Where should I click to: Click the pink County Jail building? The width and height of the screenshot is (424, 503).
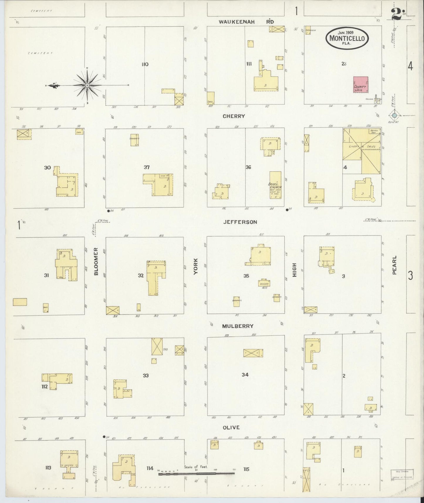(x=361, y=84)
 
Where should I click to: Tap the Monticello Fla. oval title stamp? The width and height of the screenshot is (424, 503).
(x=347, y=38)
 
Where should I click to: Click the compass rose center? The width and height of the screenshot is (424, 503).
(x=87, y=85)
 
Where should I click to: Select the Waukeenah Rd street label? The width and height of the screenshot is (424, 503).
(x=246, y=22)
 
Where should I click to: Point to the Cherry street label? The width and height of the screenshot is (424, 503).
(x=234, y=116)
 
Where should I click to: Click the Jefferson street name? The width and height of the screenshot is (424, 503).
(x=240, y=222)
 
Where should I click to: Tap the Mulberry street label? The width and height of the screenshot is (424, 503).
(x=238, y=326)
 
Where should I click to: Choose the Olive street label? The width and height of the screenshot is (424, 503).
(x=231, y=427)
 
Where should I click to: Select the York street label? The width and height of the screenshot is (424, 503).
(x=196, y=266)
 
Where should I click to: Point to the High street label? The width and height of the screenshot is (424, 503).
(x=295, y=270)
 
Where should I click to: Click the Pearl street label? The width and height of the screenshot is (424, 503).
(x=394, y=265)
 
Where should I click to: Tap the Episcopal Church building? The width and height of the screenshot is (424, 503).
(x=275, y=185)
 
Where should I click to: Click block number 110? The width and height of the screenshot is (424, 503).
(x=145, y=64)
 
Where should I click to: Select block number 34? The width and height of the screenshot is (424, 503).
(x=245, y=374)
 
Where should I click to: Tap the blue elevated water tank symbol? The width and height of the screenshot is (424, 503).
(x=394, y=115)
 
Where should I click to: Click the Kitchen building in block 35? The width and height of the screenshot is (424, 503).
(x=264, y=283)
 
